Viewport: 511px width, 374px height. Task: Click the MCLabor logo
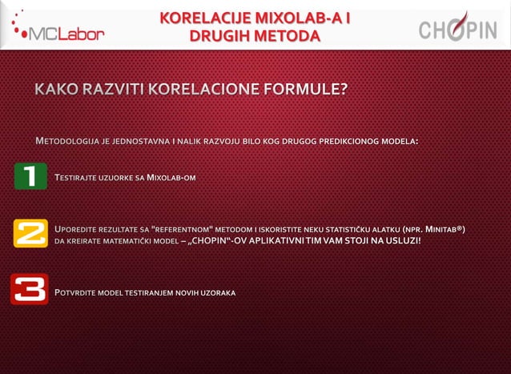(58, 27)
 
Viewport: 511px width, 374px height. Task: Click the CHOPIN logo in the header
(457, 29)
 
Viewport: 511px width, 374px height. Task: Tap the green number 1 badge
(30, 176)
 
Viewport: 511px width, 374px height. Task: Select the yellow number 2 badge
(30, 235)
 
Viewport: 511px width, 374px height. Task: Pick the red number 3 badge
(30, 290)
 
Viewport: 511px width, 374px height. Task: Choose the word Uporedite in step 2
(79, 230)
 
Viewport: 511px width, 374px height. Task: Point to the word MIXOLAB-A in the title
(300, 18)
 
